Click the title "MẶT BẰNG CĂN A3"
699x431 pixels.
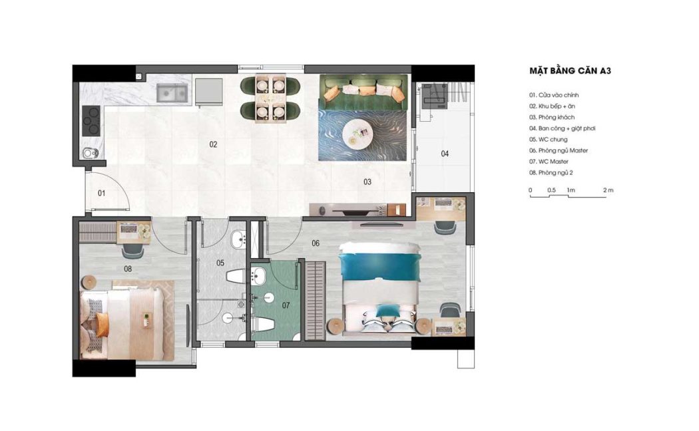click(570, 71)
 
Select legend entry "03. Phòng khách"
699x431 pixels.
click(552, 117)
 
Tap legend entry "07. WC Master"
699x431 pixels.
click(549, 162)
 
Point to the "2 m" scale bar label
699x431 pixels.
click(608, 190)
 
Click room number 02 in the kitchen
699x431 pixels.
click(213, 144)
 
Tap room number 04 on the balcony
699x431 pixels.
click(445, 154)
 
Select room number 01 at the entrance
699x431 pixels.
click(102, 194)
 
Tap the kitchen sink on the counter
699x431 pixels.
click(172, 93)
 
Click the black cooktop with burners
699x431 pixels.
click(91, 120)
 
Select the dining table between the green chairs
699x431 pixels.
click(270, 99)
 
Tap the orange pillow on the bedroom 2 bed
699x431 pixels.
click(102, 325)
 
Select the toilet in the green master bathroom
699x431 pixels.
click(263, 324)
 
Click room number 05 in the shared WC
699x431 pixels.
click(220, 263)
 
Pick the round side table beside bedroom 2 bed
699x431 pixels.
click(89, 281)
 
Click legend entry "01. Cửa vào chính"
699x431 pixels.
click(554, 95)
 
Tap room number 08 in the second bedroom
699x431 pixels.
click(128, 269)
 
